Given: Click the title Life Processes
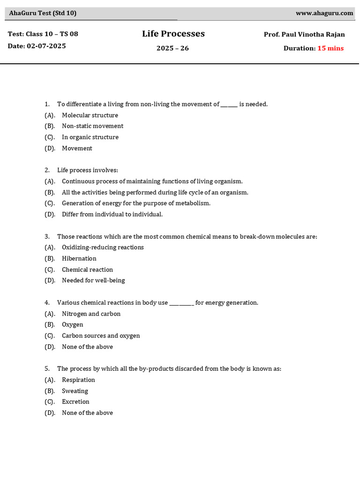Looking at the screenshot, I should coord(173,34).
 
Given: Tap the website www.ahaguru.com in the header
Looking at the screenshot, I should coord(324,13).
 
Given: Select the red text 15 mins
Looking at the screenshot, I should coord(330,48).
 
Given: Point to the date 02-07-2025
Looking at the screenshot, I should coord(46,46).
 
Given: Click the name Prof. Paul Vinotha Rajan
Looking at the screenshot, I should coord(304,35).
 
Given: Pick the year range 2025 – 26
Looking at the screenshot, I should coord(172,48).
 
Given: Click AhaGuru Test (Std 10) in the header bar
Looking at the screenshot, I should coord(43,13).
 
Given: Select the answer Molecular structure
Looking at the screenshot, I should coord(90,115).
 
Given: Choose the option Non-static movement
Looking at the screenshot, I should coord(92,126).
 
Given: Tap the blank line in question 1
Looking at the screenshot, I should coord(229,105).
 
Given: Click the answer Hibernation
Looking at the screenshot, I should coord(79,259).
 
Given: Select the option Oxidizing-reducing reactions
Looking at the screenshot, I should coord(103,247).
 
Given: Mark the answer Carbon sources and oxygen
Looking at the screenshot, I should coord(101,336).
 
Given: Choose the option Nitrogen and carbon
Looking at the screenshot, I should coord(91,314).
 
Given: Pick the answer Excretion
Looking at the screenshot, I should coord(75,402).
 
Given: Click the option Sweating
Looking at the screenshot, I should coord(75,391).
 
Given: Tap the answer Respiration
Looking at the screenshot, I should coord(78,380).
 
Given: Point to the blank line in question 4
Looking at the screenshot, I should coord(181,303).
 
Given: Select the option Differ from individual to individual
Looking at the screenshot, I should coord(112,214).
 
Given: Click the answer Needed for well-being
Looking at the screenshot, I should coord(93,280).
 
